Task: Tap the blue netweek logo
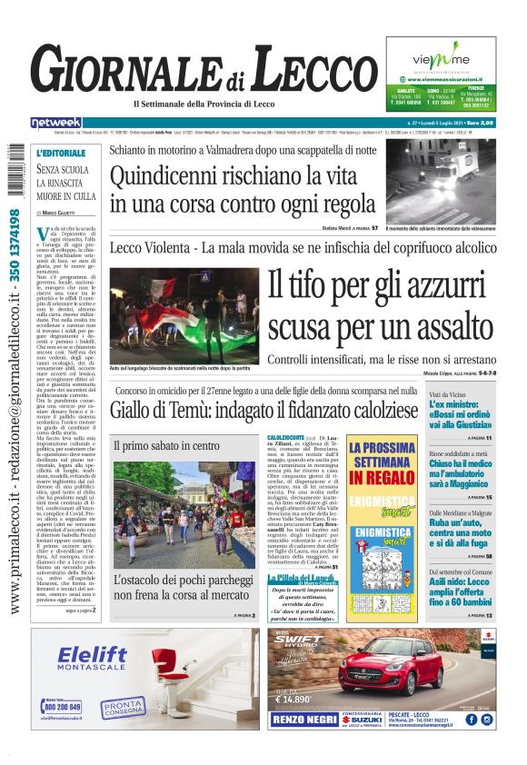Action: (x=56, y=122)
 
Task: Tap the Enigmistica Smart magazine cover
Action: (x=394, y=553)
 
